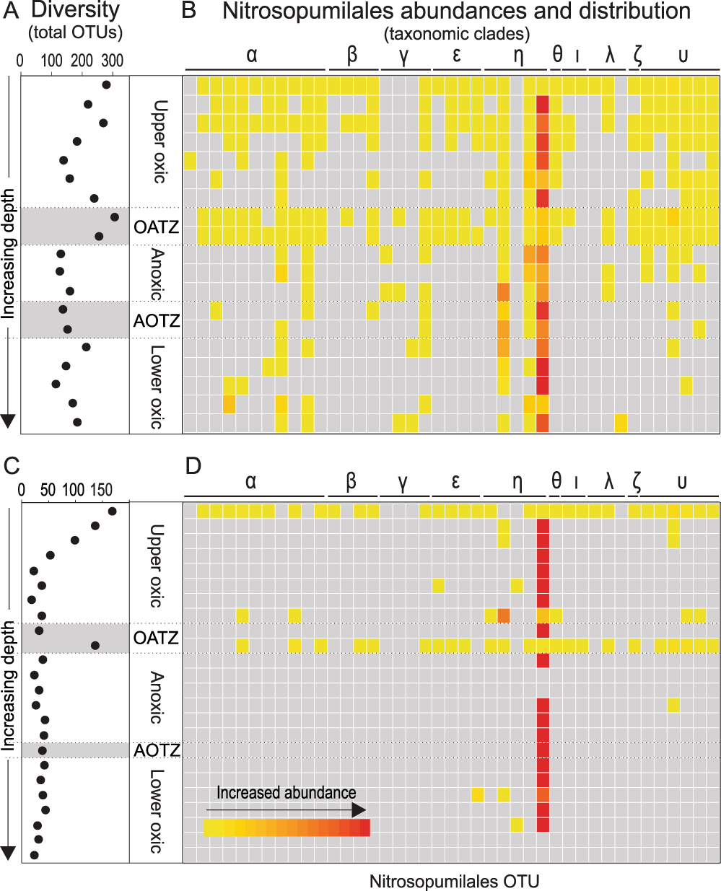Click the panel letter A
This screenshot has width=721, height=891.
[12, 11]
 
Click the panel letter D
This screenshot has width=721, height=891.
[193, 466]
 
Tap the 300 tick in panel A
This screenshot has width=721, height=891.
[113, 61]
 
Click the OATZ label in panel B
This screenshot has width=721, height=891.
[156, 227]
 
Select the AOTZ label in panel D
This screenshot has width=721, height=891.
[156, 751]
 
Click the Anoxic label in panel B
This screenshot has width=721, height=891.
[157, 274]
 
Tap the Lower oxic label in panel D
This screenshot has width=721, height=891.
[157, 812]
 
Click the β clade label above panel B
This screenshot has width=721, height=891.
[352, 55]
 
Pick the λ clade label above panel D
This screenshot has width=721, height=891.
[609, 481]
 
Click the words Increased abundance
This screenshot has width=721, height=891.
[286, 793]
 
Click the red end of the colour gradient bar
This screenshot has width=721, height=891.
[365, 828]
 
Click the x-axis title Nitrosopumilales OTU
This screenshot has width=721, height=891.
[454, 882]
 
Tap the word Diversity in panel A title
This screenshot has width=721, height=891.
[75, 11]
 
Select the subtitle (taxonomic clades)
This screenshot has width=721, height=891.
[457, 33]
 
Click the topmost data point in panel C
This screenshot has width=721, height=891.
[112, 512]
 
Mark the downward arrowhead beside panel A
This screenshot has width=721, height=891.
[8, 421]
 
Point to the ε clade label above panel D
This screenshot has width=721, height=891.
[455, 481]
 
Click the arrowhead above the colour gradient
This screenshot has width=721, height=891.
[359, 810]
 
